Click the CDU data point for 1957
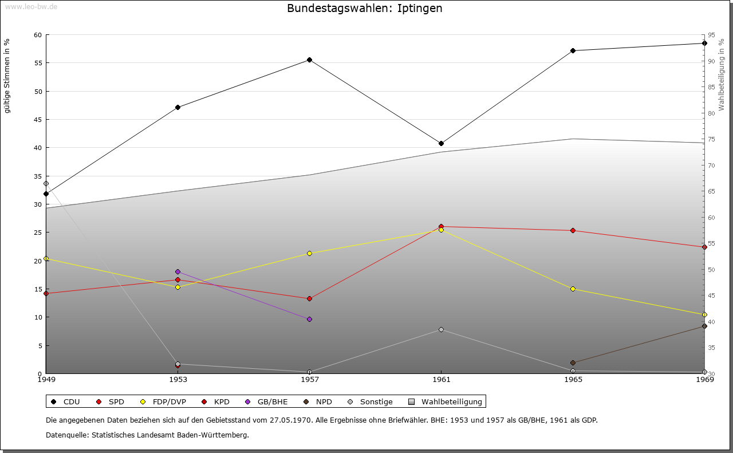309,60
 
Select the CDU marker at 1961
441,143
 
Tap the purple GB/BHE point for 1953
178,271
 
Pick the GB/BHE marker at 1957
309,319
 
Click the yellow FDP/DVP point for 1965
573,289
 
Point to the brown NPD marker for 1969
704,326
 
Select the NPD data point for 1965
573,363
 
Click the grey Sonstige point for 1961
441,329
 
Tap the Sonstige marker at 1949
46,183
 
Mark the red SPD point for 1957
309,298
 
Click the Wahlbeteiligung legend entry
446,401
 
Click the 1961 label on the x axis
441,379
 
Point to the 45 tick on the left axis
38,120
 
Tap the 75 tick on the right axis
711,139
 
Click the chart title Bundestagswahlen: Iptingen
365,8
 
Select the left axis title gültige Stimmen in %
7,76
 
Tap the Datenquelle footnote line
147,435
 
